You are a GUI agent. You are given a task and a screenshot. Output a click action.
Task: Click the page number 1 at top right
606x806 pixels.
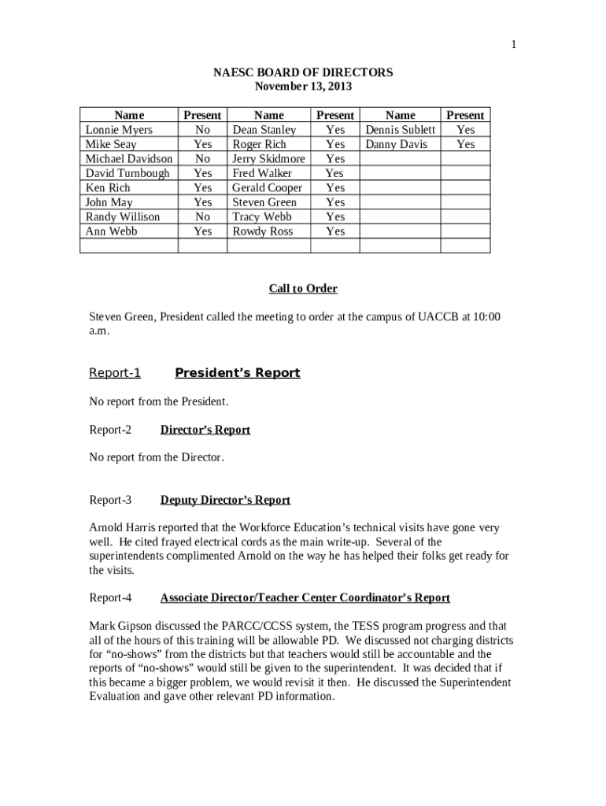coord(513,45)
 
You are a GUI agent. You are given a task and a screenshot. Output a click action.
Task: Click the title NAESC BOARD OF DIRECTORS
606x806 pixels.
coord(303,72)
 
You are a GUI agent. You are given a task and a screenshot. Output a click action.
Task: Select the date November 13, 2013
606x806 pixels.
coord(303,87)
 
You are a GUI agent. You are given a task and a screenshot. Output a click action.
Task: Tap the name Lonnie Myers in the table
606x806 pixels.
coord(119,130)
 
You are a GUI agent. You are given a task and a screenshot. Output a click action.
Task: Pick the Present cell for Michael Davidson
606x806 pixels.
coord(202,159)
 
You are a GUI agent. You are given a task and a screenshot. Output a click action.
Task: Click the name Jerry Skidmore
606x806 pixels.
coord(268,159)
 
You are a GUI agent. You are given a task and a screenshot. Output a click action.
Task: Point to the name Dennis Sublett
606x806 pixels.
coord(400,130)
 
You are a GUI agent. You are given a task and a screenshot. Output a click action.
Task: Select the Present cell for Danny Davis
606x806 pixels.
coord(465,144)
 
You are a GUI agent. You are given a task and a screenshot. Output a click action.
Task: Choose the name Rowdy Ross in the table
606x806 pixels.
coord(262,231)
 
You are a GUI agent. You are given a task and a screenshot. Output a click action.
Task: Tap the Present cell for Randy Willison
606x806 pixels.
coord(202,216)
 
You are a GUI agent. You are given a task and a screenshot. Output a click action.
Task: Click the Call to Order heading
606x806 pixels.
coord(303,289)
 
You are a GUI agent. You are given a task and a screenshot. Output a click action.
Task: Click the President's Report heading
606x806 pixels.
coord(237,373)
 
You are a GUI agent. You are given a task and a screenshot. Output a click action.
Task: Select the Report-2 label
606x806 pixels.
coord(110,430)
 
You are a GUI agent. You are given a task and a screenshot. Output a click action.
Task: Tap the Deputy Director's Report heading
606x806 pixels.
coord(225,500)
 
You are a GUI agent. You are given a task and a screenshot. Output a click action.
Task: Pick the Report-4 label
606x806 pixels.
coord(110,598)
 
